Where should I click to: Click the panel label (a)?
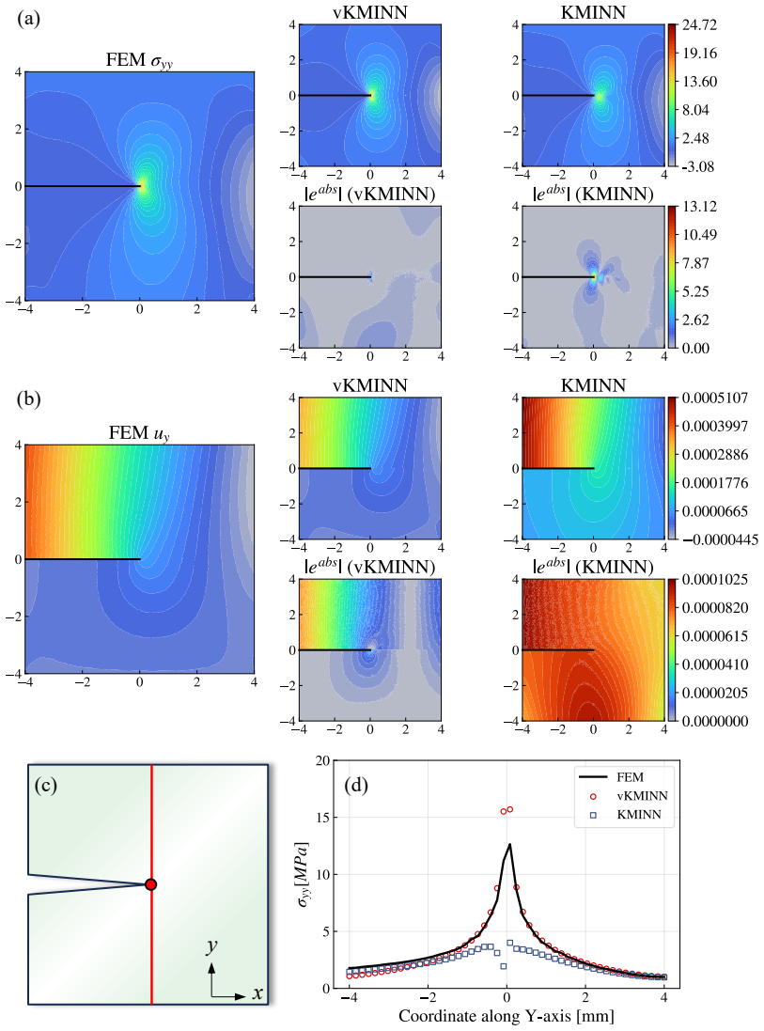28,19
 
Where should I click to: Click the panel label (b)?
28,399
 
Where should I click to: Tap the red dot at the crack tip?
150,884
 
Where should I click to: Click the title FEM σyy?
139,60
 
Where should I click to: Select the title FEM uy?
139,433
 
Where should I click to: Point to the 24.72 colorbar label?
699,25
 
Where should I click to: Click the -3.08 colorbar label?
698,166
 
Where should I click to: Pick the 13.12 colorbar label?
699,207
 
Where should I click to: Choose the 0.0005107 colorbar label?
715,398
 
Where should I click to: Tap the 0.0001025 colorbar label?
715,579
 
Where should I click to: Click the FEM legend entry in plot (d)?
612,777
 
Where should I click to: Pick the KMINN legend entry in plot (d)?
626,815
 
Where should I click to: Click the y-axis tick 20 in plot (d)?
322,760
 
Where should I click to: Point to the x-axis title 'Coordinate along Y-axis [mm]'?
507,1016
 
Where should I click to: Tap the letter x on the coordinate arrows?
257,993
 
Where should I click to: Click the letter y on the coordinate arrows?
211,946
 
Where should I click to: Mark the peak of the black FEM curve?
509,845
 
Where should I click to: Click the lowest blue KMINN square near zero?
504,966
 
